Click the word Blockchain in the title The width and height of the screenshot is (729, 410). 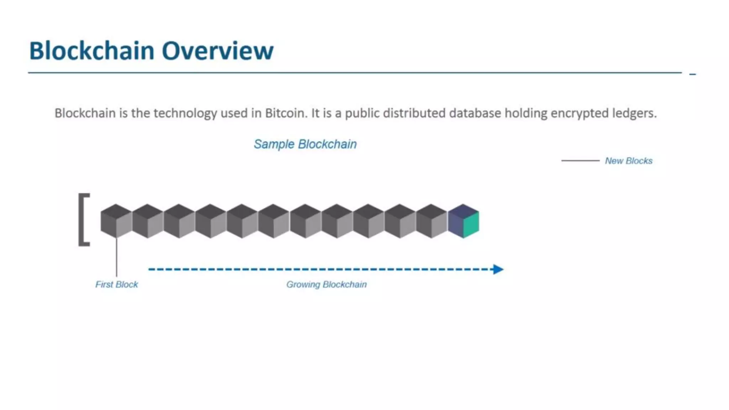coord(92,51)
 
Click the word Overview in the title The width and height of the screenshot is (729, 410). coord(217,51)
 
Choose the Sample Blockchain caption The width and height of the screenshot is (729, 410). coord(305,144)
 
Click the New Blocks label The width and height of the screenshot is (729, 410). coord(629,161)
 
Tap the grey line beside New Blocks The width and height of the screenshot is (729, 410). coord(580,161)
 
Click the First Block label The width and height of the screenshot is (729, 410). coord(116,284)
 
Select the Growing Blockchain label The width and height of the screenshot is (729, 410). coord(326,284)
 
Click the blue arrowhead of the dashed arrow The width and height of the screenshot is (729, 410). coord(498,269)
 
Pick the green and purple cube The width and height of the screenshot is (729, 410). coord(463,221)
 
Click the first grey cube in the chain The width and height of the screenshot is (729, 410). coord(116,221)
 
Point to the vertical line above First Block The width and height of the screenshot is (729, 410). coord(116,256)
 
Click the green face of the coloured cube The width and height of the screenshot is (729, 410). coord(471,224)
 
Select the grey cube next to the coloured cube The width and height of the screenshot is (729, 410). coord(431,221)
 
